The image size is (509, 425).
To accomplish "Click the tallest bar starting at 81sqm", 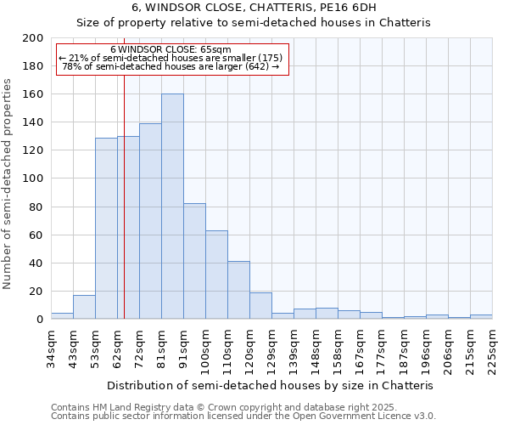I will coord(172,207).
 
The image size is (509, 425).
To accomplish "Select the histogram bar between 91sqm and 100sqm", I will coord(194,261).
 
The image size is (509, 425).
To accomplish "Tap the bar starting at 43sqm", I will coord(84,307).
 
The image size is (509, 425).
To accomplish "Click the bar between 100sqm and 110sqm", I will coord(216,275).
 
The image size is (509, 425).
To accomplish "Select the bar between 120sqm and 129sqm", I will coord(260,305).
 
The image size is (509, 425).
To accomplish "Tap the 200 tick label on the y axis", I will coord(33,38).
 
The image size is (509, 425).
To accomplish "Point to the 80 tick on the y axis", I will coord(36,207).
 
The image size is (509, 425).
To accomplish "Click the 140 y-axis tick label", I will coord(33,122).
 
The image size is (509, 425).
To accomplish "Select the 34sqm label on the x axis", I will coord(51,346).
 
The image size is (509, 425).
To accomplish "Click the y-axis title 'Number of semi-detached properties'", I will coord(8,184).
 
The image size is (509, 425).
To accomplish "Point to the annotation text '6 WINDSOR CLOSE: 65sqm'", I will coord(171,49).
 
